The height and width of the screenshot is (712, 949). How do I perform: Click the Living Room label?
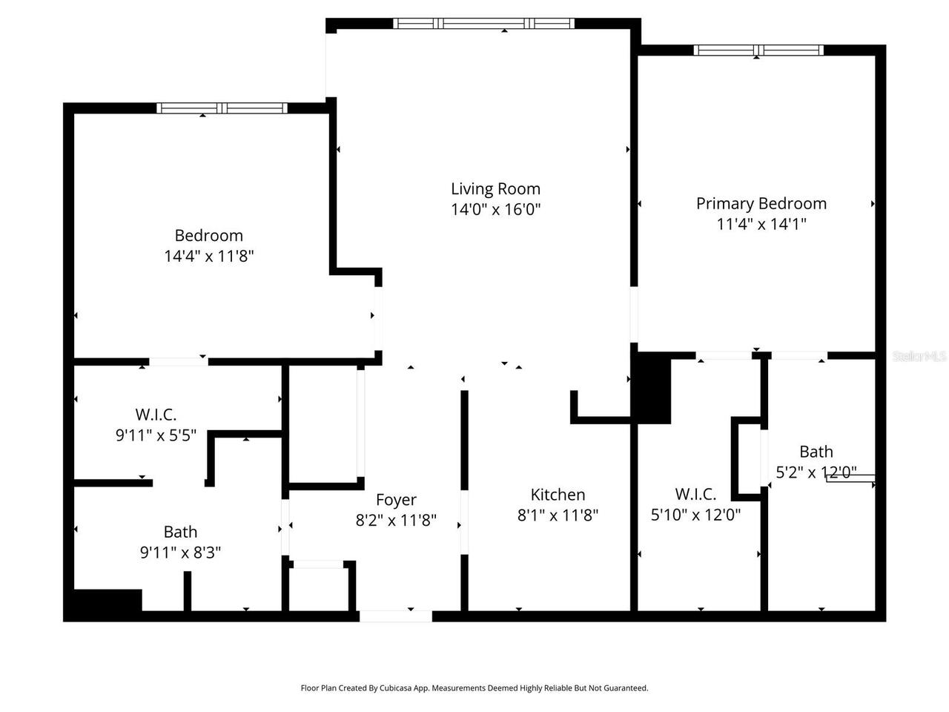tap(495, 188)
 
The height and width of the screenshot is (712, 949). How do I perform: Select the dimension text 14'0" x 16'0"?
tap(495, 209)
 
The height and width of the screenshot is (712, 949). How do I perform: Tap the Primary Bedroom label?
tap(761, 203)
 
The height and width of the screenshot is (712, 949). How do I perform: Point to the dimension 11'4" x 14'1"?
tap(761, 224)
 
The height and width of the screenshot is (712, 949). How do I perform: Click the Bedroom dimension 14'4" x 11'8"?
tap(209, 256)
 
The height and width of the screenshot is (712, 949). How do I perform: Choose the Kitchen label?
tap(558, 495)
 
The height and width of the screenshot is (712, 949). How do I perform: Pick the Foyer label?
tap(396, 500)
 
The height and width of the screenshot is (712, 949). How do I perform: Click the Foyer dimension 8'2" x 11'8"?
tap(396, 521)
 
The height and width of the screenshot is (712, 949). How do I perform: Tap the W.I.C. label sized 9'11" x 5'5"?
tap(156, 415)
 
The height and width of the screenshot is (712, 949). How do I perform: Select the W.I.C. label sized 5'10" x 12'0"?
tap(695, 494)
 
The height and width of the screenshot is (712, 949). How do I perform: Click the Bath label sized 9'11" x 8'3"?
tap(180, 532)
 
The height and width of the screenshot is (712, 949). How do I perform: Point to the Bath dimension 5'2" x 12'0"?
tap(816, 472)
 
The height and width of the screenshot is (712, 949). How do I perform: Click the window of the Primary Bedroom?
tap(758, 50)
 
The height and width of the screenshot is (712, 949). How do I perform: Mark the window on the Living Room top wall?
tap(483, 24)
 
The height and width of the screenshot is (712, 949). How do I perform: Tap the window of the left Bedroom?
tap(222, 108)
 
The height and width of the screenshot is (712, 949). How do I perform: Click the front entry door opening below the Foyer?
tap(395, 616)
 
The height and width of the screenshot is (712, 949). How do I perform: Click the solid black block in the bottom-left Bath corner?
tap(104, 601)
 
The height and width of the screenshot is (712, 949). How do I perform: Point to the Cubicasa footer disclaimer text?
tap(474, 688)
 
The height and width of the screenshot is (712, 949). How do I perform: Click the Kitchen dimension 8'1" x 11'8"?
tap(558, 515)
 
